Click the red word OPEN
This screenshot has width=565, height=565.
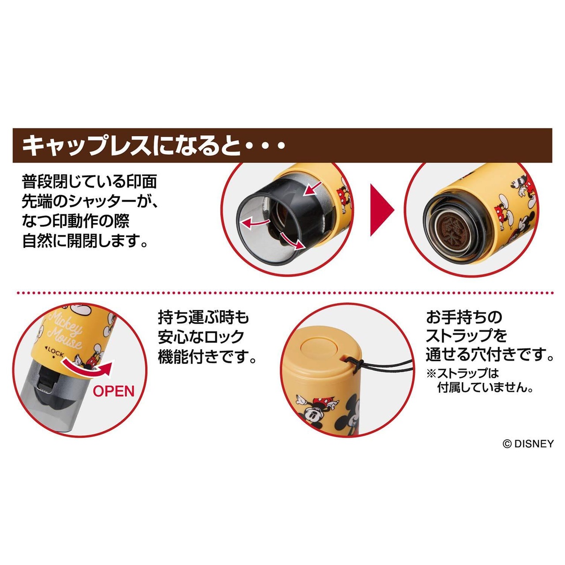click(x=114, y=391)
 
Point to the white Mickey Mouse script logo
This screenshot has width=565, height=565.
click(x=64, y=331)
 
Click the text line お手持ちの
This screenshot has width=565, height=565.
click(x=464, y=317)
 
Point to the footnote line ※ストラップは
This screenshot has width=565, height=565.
click(x=463, y=373)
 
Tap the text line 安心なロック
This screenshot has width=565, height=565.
click(x=201, y=337)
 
